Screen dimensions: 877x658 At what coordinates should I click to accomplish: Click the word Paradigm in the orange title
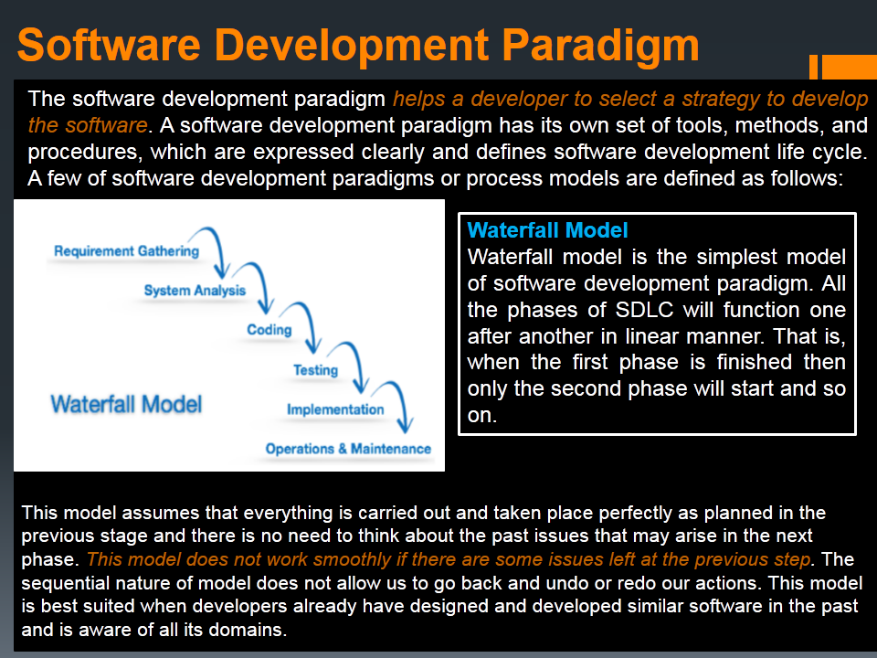tap(600, 45)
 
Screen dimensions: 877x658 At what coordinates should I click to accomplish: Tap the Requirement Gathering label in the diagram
tap(126, 251)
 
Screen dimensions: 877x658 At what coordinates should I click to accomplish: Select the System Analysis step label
tap(195, 291)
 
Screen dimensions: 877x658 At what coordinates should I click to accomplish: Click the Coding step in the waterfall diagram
tap(269, 330)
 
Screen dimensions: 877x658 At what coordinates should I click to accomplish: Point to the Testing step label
tap(315, 370)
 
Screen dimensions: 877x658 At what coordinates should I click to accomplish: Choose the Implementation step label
tap(335, 409)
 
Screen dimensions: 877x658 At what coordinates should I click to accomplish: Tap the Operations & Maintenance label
tap(348, 449)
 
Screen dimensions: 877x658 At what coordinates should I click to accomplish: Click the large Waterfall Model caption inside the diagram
tap(126, 404)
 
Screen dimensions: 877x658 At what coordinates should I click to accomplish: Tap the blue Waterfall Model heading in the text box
tap(547, 230)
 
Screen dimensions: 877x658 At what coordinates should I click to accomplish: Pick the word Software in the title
tap(109, 45)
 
